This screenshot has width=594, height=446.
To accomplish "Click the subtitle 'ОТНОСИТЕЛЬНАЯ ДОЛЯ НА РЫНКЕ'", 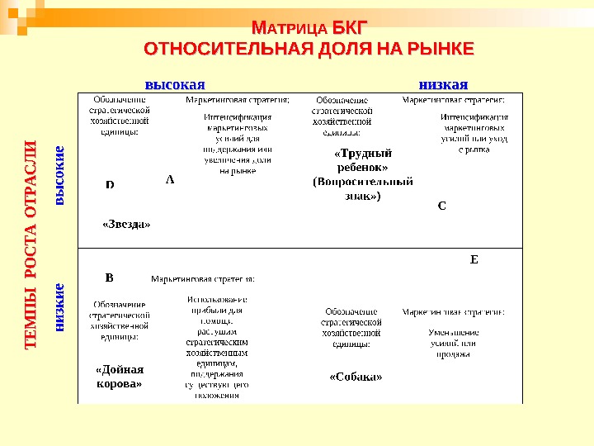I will click(x=309, y=50).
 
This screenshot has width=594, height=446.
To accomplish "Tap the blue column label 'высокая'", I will click(x=175, y=83).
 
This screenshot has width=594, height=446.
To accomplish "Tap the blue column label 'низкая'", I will click(x=443, y=83).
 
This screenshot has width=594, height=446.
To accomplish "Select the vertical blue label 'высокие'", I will click(x=59, y=175).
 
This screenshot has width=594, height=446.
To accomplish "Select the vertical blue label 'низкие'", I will click(x=59, y=306).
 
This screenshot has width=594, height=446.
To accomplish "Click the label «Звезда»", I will click(x=126, y=223).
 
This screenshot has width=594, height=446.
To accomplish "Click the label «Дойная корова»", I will click(x=120, y=377).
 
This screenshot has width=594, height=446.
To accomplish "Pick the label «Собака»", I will click(x=356, y=377).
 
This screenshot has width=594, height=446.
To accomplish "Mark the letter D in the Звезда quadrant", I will click(x=110, y=185).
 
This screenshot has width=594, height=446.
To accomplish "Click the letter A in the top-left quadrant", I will click(x=170, y=178).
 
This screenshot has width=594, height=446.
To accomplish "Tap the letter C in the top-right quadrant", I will click(x=441, y=206).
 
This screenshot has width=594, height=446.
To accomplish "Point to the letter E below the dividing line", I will click(x=474, y=259).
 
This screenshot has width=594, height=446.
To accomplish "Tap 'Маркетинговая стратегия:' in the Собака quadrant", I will click(x=453, y=312).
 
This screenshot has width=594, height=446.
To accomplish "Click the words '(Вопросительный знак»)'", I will click(x=351, y=190).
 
